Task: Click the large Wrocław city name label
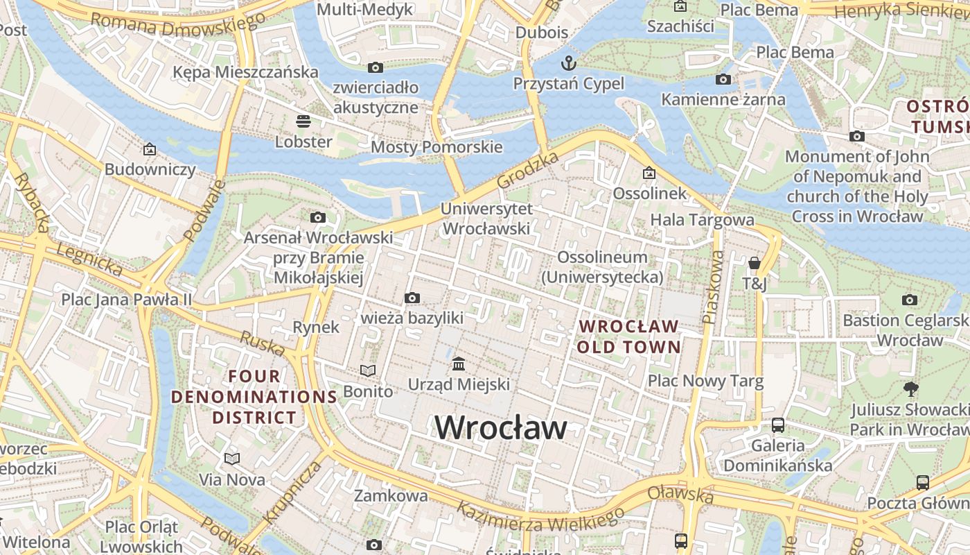tap(501, 427)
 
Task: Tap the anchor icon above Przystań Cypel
tap(568, 64)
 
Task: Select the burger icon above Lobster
tap(303, 121)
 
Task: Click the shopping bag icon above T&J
tap(754, 263)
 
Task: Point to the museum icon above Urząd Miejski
tap(458, 364)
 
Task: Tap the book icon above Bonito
tap(367, 371)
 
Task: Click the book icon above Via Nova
tap(231, 459)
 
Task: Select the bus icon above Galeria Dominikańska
tap(777, 425)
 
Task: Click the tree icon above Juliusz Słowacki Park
tap(910, 389)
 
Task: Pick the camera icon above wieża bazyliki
tap(412, 298)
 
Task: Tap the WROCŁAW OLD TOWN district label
tap(628, 336)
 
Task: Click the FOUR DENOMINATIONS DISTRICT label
tap(254, 397)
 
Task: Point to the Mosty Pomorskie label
tap(436, 147)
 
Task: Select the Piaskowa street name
tap(712, 287)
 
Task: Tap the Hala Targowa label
tap(702, 220)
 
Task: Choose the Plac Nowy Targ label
tap(705, 381)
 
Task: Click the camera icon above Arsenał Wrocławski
tap(318, 218)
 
